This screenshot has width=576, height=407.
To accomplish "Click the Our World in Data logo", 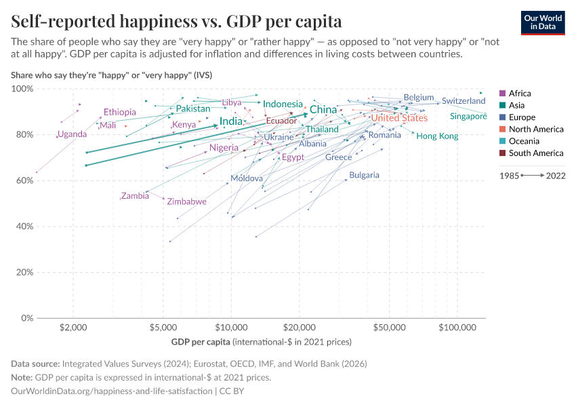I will (543, 22).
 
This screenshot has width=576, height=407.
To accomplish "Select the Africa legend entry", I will (520, 94).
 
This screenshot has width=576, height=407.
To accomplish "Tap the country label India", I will (231, 121).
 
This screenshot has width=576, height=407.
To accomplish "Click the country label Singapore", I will (468, 117).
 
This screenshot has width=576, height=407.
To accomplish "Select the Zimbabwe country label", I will (186, 201).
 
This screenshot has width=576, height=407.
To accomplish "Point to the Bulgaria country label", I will (364, 175).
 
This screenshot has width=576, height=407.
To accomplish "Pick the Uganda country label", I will (72, 134).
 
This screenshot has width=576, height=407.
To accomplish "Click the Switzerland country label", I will (464, 101).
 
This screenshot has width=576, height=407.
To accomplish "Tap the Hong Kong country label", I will (437, 136).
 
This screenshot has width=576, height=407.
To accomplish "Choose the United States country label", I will (399, 118).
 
